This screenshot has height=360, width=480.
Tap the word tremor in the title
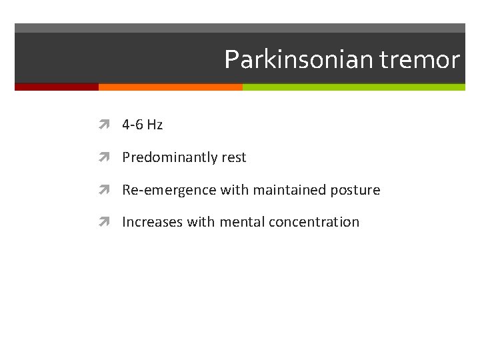(419, 60)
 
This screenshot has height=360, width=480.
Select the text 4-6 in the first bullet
(133, 125)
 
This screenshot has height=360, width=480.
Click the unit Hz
(155, 125)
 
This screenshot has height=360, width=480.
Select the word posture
(355, 190)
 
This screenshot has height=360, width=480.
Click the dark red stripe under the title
(57, 87)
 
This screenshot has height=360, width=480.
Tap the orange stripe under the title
(170, 87)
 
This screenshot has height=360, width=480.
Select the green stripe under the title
(353, 87)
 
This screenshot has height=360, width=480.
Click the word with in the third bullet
(234, 190)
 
